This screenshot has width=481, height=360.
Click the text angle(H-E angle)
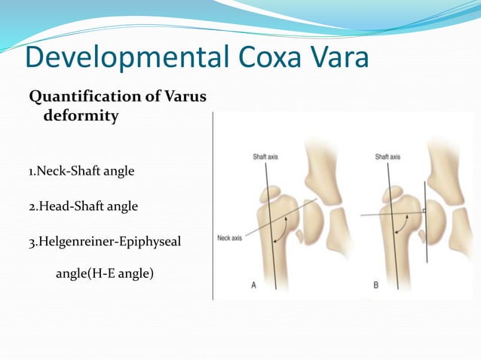pyautogui.click(x=105, y=273)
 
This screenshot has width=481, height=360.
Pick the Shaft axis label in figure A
pyautogui.click(x=265, y=157)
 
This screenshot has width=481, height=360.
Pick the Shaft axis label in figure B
pyautogui.click(x=388, y=157)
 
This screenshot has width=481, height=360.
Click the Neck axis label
pyautogui.click(x=229, y=238)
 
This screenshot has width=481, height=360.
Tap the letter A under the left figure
pyautogui.click(x=253, y=285)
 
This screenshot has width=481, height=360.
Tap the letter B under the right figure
pyautogui.click(x=376, y=285)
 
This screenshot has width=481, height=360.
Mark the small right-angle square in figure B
pyautogui.click(x=424, y=211)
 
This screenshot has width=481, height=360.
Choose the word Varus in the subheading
pyautogui.click(x=182, y=97)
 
